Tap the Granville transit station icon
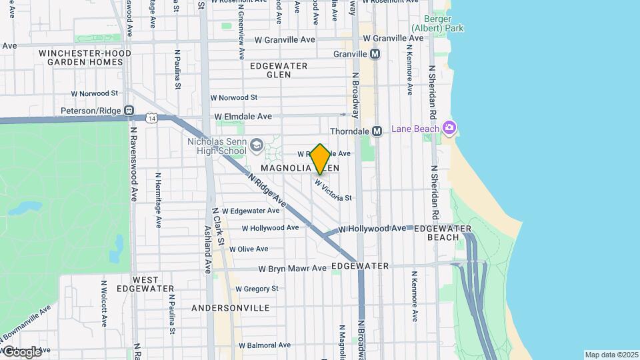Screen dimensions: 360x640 [375, 54]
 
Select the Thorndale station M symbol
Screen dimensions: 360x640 [377, 131]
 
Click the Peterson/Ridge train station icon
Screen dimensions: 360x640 [129, 111]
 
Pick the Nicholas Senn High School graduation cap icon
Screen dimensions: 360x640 [257, 144]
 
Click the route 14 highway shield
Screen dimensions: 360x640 [153, 118]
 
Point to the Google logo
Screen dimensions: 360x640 [21, 351]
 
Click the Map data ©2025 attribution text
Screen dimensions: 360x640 [611, 355]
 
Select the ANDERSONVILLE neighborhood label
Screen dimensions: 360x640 [230, 308]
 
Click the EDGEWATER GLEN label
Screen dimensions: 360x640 [279, 70]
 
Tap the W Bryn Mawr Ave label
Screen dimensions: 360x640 [293, 269]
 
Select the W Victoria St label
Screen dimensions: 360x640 [333, 191]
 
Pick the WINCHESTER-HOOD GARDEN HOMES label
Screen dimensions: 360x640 [81, 57]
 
